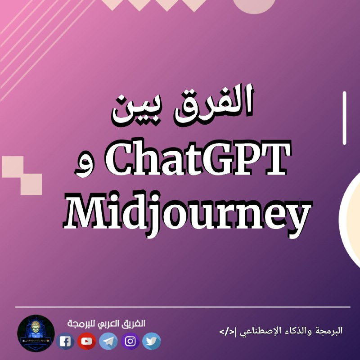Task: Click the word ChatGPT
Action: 198,158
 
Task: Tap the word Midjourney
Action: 187,213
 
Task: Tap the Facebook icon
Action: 65,341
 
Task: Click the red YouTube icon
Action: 86,341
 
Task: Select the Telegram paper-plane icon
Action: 108,341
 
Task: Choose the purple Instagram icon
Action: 130,341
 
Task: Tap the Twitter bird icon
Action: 151,341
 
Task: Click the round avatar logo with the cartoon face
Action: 36,333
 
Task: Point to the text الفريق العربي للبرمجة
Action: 106,324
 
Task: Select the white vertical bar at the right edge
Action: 344,118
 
